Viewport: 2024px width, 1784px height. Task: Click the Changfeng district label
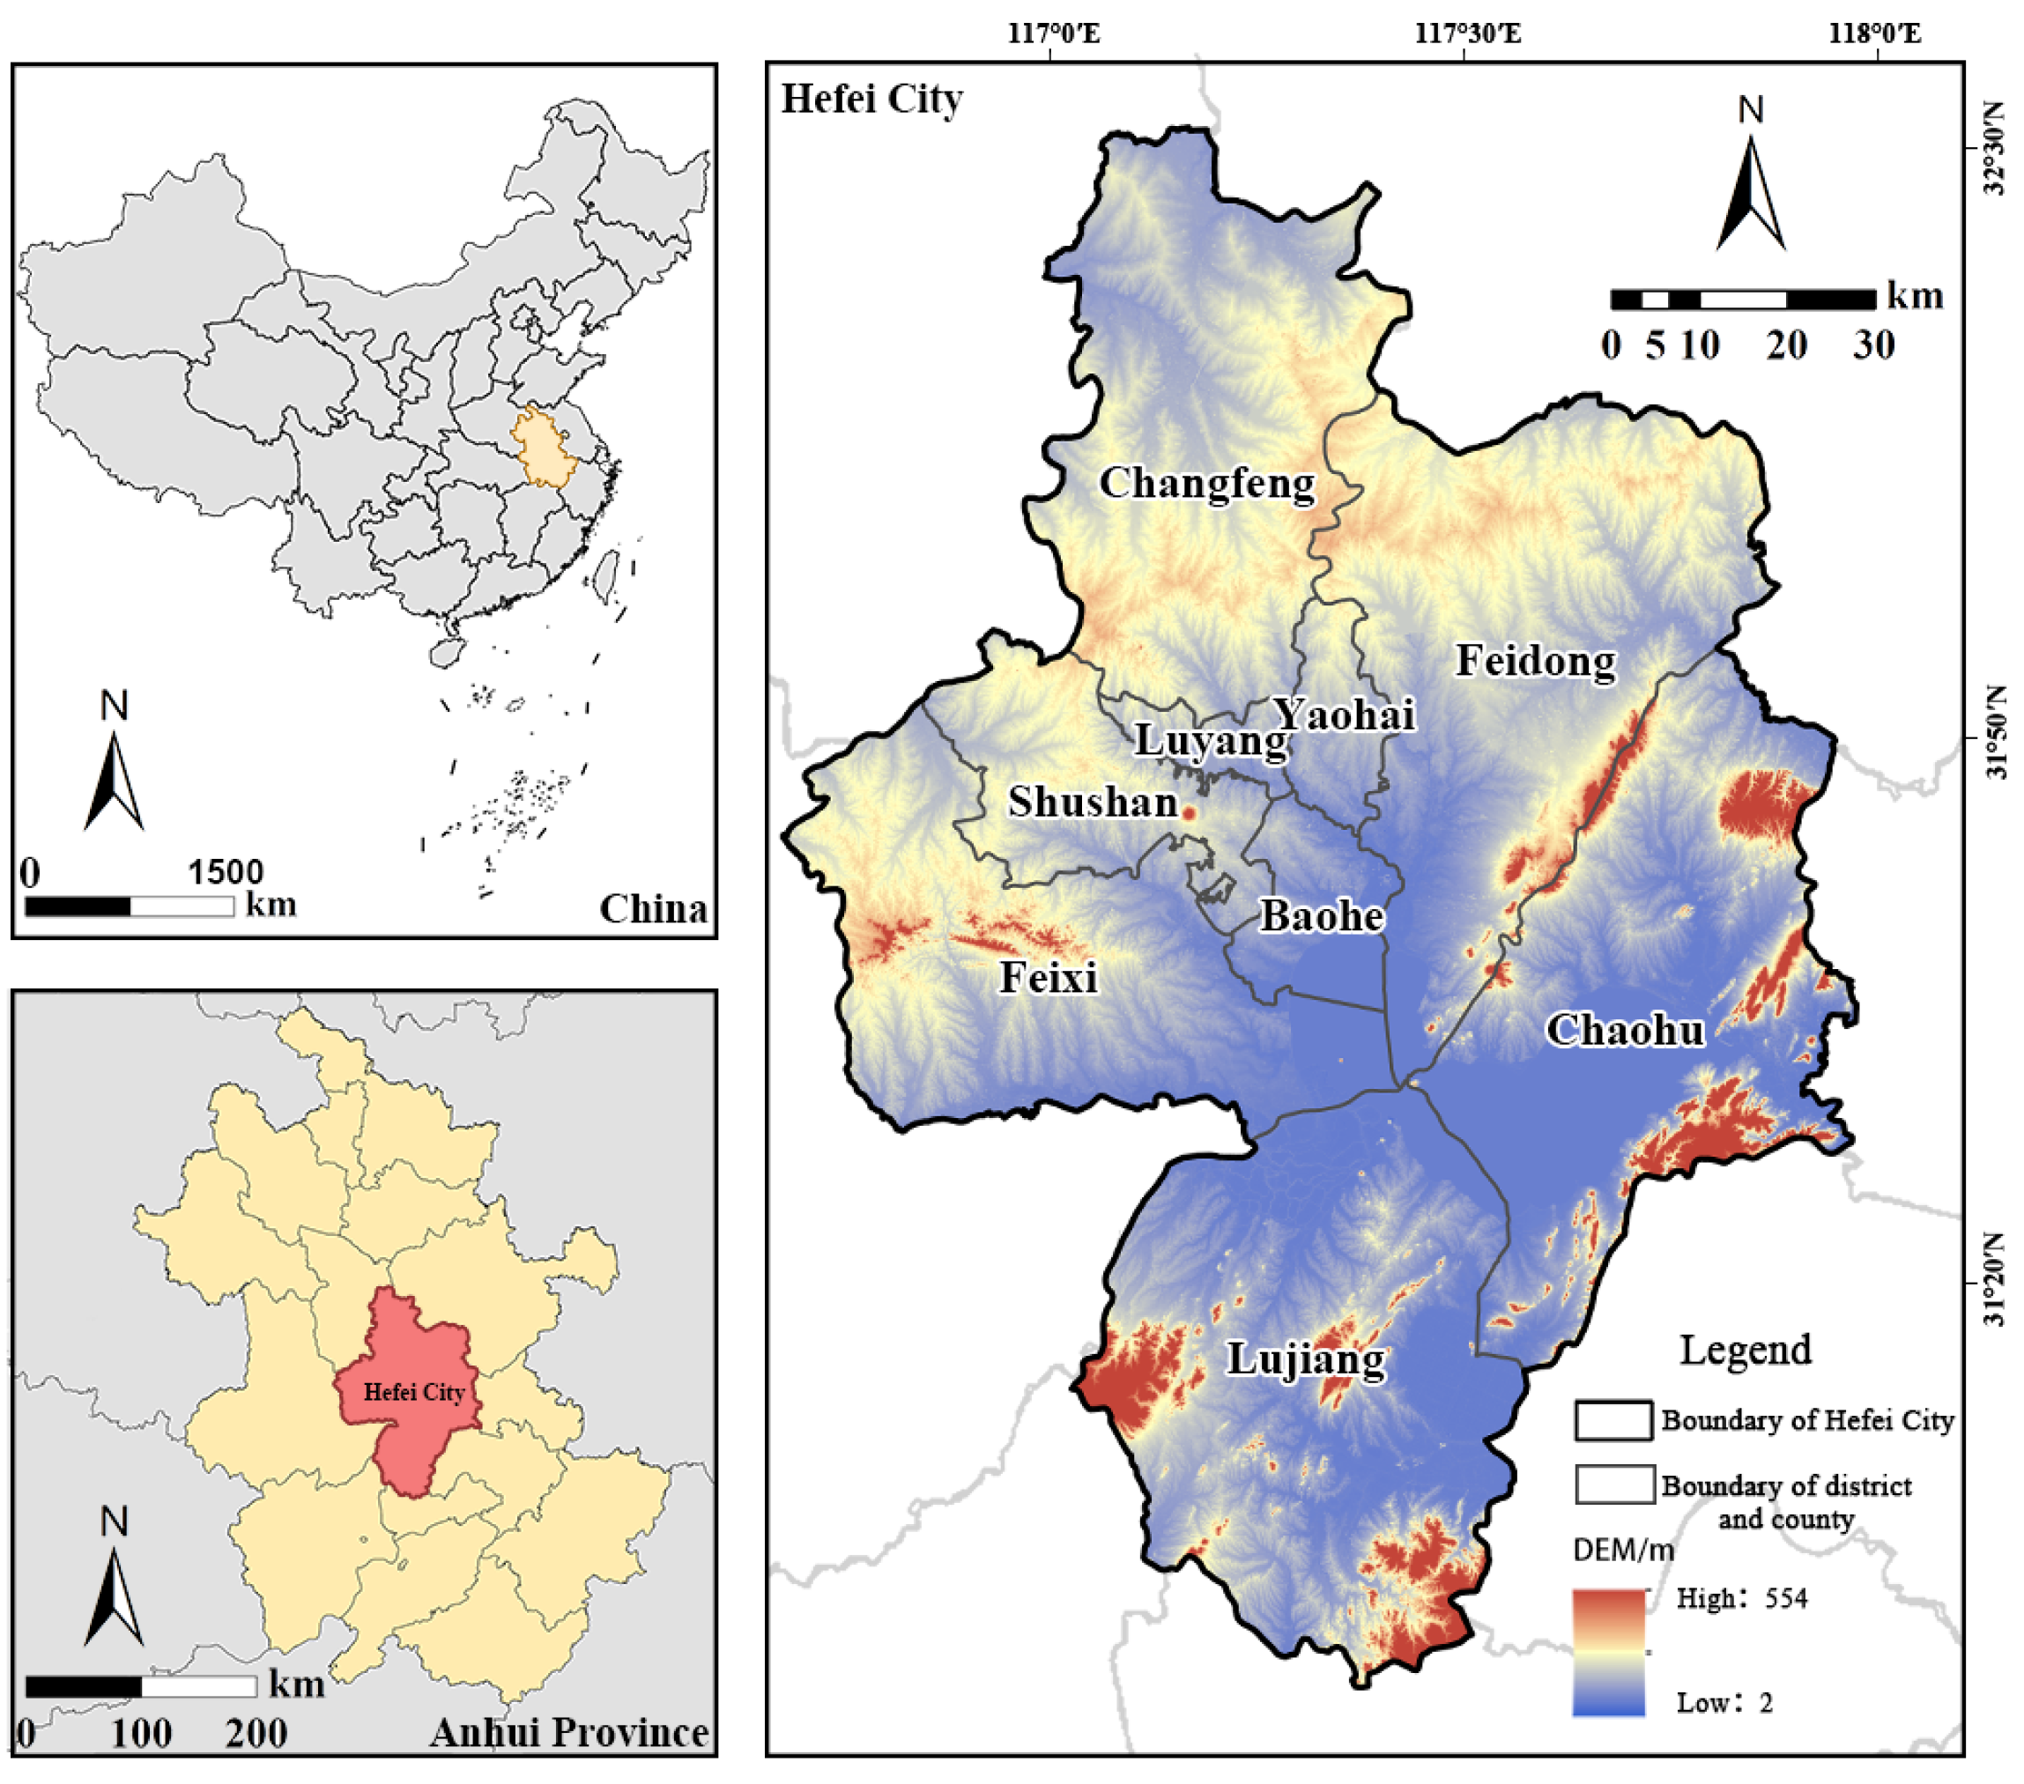point(1207,483)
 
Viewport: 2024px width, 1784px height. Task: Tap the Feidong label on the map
point(1535,661)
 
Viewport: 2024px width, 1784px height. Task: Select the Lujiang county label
point(1305,1358)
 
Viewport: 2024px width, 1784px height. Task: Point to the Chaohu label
point(1625,1031)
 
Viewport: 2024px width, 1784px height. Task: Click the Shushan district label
point(1093,802)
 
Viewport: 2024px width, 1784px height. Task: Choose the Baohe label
point(1321,915)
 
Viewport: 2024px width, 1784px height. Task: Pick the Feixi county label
point(1049,977)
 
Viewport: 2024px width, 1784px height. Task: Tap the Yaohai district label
point(1344,714)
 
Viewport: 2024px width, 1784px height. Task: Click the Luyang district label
point(1210,739)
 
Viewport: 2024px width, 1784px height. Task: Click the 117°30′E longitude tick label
point(1466,33)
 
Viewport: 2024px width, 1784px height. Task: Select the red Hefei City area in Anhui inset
point(411,1386)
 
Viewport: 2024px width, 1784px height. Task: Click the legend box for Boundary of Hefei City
point(1613,1419)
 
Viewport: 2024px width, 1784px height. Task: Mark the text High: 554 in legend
point(1741,1598)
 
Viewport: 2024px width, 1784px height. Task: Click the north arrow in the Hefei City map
point(1751,189)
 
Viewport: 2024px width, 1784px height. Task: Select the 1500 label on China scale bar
point(226,872)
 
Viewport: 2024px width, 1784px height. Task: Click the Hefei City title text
point(871,99)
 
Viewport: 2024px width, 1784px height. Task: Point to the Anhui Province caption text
point(569,1733)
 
